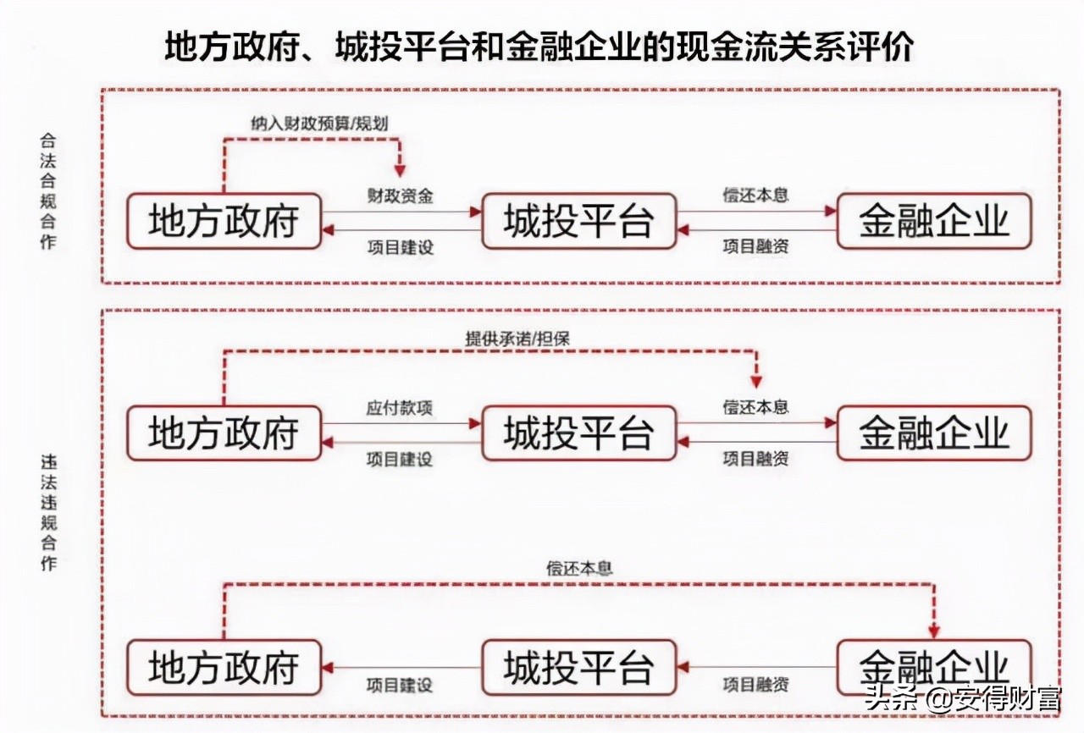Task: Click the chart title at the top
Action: click(539, 47)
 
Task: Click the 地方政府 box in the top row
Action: click(224, 222)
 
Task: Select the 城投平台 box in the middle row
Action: click(579, 433)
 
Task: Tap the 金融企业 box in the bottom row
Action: click(934, 667)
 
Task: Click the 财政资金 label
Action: click(400, 196)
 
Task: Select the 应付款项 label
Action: click(400, 407)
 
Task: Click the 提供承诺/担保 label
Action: click(517, 338)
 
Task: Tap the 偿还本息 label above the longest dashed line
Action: click(579, 568)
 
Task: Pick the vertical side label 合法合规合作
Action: click(48, 190)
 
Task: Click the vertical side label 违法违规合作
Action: click(48, 512)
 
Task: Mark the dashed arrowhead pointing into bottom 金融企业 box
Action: click(934, 631)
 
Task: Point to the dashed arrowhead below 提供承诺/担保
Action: click(756, 381)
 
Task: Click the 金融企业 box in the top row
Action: click(934, 222)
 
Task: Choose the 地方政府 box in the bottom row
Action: click(224, 667)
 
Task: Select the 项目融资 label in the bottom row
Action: click(755, 684)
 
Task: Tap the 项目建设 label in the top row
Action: click(400, 247)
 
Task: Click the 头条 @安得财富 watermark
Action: click(961, 698)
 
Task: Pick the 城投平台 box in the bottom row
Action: click(579, 667)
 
